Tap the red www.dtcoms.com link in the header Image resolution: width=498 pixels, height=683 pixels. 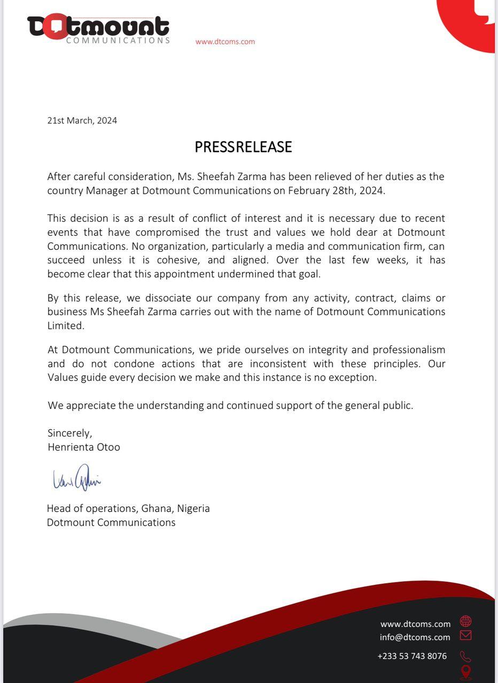pos(225,42)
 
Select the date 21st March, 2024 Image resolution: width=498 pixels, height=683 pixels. pos(82,120)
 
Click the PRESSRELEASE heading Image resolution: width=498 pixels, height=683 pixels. pos(243,147)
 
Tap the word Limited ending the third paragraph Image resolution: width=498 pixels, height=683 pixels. pos(66,325)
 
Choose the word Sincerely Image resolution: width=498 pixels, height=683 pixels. pos(70,433)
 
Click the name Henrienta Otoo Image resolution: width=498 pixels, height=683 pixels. pos(84,447)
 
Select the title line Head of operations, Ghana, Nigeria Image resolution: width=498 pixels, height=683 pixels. pos(128,509)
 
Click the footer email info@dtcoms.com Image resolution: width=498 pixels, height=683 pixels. pos(415,637)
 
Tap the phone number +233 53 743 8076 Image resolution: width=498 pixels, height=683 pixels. pos(412,656)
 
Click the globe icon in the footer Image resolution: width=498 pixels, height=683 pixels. pos(466,622)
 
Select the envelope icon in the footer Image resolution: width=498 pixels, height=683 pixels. pos(465,636)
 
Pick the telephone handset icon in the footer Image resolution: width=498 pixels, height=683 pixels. pos(465,656)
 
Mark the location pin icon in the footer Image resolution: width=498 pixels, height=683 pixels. pos(466,672)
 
